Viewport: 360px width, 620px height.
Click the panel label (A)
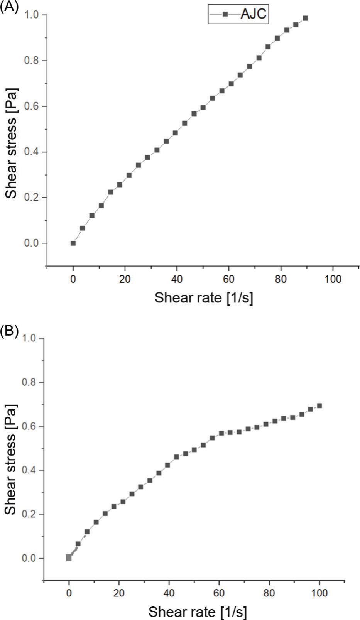(x=9, y=7)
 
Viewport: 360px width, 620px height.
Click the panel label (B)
(x=9, y=331)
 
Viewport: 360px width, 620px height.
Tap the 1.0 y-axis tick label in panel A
(x=33, y=15)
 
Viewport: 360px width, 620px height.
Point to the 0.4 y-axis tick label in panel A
(x=33, y=152)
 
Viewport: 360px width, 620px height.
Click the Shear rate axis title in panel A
(x=204, y=298)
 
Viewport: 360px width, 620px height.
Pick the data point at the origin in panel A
(x=73, y=243)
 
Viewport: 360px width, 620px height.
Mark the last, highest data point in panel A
(x=305, y=18)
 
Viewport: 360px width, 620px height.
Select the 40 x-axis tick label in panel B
(x=169, y=593)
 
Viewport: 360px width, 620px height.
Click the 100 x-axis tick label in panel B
(x=319, y=593)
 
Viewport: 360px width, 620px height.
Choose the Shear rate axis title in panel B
(x=198, y=612)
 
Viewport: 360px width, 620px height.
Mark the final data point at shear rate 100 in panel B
(x=319, y=406)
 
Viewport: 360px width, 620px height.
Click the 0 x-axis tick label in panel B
(x=69, y=593)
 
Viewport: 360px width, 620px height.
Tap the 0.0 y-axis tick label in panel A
(x=33, y=243)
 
